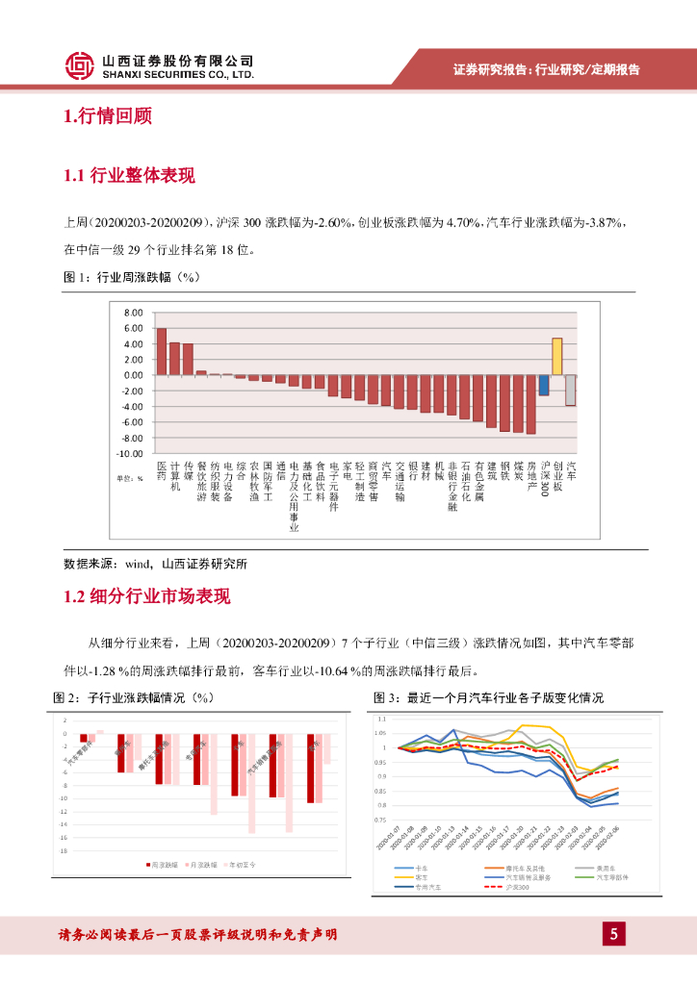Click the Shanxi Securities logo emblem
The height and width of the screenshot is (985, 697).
(80, 65)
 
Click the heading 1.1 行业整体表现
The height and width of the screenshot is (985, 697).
(128, 176)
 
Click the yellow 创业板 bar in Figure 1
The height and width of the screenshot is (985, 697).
(556, 356)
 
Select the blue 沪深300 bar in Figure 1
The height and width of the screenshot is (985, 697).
(544, 385)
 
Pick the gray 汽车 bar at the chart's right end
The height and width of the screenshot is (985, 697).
(570, 390)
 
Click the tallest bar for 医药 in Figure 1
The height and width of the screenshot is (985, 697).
(162, 351)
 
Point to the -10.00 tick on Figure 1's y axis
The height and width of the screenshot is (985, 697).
(129, 453)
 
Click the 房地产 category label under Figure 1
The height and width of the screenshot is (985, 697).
(530, 475)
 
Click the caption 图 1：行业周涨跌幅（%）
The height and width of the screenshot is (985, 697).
(129, 277)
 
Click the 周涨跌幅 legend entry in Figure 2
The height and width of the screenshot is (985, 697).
(165, 866)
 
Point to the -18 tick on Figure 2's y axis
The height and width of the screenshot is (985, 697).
(65, 850)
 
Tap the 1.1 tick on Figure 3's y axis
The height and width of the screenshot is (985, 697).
(381, 719)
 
